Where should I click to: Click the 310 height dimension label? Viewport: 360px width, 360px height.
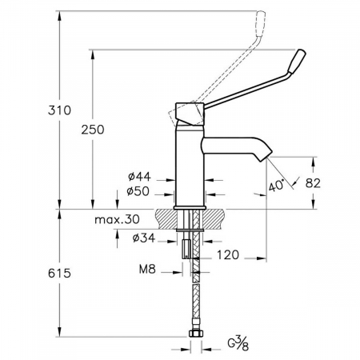(x=59, y=110)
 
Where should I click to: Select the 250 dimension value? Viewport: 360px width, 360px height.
(x=93, y=130)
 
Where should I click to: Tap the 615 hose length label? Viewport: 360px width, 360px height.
(x=59, y=274)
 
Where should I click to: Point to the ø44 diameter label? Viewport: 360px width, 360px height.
(x=139, y=176)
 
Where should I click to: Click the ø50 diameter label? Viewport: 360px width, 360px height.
(x=138, y=191)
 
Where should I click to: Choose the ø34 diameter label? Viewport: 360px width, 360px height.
(x=144, y=238)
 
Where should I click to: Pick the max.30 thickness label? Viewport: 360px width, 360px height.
(x=117, y=220)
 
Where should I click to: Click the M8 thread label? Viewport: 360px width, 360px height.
(x=147, y=270)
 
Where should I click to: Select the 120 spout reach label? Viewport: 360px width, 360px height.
(x=228, y=255)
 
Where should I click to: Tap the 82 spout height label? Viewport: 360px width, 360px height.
(x=313, y=183)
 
